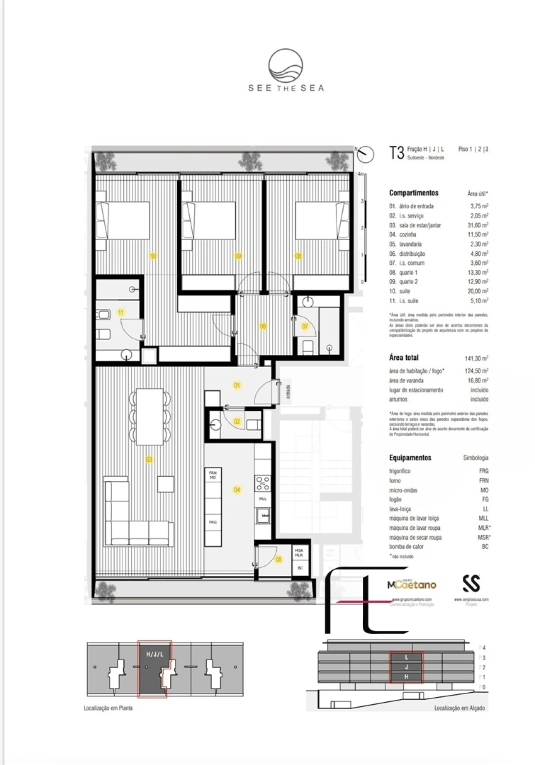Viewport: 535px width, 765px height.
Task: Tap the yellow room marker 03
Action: pyautogui.click(x=149, y=460)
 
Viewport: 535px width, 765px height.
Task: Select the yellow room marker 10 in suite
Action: pyautogui.click(x=153, y=256)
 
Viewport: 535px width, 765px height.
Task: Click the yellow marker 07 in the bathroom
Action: pyautogui.click(x=305, y=326)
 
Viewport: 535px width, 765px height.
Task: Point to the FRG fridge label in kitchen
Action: pyautogui.click(x=213, y=522)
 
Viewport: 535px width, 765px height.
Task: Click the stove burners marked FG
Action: pyautogui.click(x=262, y=483)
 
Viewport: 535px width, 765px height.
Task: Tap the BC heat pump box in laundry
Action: pyautogui.click(x=299, y=568)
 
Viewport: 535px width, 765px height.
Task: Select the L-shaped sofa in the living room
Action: pyautogui.click(x=138, y=522)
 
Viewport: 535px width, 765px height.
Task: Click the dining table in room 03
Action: pyautogui.click(x=150, y=416)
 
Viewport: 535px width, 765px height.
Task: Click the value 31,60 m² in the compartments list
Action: pyautogui.click(x=477, y=225)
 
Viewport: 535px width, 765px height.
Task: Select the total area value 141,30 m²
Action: pyautogui.click(x=476, y=358)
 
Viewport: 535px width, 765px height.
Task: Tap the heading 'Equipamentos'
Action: pyautogui.click(x=410, y=457)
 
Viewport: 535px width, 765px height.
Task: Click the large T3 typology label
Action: pyautogui.click(x=396, y=153)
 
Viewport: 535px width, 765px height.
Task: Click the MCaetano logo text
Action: pyautogui.click(x=411, y=585)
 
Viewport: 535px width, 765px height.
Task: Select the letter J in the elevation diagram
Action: pyautogui.click(x=406, y=667)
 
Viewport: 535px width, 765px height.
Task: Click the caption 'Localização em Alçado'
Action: pyautogui.click(x=459, y=708)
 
